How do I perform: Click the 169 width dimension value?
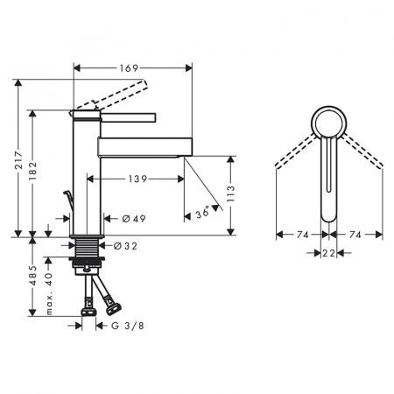point(129,68)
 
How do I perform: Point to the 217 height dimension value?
point(19,160)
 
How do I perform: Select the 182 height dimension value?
point(33,171)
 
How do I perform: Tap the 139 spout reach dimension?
point(137,179)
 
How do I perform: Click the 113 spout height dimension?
point(230,193)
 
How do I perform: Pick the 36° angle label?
point(202,212)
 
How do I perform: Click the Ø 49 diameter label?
point(134,219)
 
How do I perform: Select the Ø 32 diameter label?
point(125,246)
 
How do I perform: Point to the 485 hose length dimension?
point(33,276)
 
